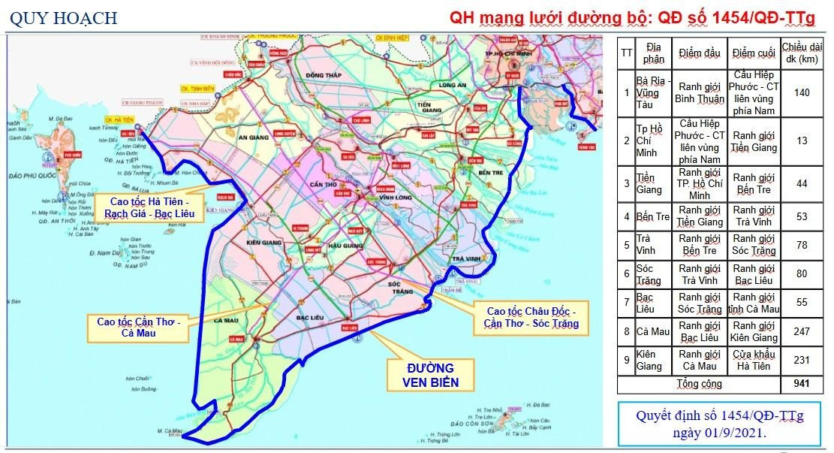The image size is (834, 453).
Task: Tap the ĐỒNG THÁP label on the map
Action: pyautogui.click(x=324, y=76)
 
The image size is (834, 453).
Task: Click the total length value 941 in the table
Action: pyautogui.click(x=801, y=384)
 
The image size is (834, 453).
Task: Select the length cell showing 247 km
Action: pyautogui.click(x=801, y=331)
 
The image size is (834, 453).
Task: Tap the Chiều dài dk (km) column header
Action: pyautogui.click(x=801, y=53)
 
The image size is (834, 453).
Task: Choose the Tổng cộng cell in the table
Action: pyautogui.click(x=697, y=384)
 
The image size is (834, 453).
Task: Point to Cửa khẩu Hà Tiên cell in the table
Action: pyautogui.click(x=753, y=360)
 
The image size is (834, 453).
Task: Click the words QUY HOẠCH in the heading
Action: pyautogui.click(x=63, y=18)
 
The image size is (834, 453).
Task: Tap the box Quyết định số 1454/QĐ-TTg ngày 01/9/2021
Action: pyautogui.click(x=719, y=424)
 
